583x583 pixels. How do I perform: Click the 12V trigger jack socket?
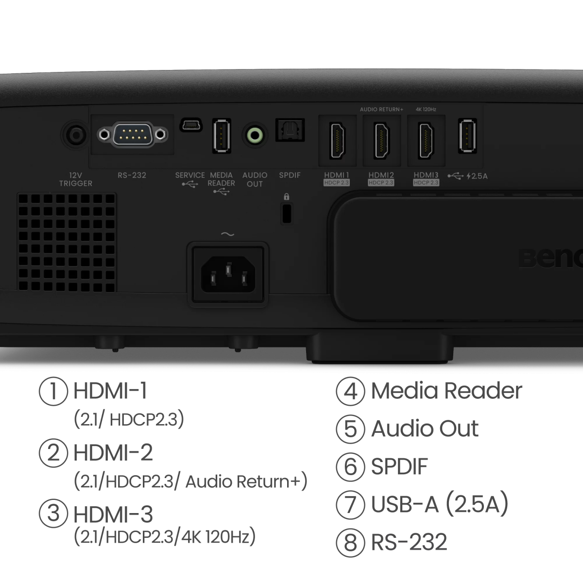click(x=74, y=135)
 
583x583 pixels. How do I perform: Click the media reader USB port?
click(x=221, y=136)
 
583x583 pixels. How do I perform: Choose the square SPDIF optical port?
click(x=290, y=130)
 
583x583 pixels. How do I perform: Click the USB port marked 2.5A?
click(x=467, y=136)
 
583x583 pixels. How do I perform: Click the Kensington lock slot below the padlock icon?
click(x=287, y=214)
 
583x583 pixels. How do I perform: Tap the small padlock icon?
click(x=286, y=197)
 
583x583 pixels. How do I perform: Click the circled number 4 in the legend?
click(x=350, y=392)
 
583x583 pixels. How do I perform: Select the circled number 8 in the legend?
click(x=350, y=542)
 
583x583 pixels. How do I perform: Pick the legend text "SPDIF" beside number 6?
click(x=399, y=466)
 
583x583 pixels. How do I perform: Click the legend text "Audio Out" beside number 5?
click(x=425, y=429)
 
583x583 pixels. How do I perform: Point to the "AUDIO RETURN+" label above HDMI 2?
click(x=381, y=110)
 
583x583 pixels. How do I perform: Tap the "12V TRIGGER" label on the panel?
click(x=75, y=179)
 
